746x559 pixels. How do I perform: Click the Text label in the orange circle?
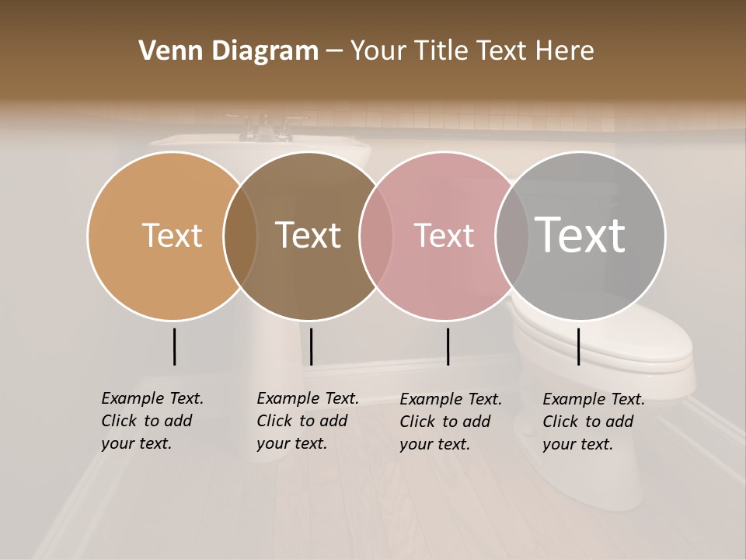(x=172, y=235)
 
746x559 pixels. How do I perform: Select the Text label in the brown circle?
(x=309, y=235)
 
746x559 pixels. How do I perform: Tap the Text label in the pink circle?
(x=444, y=235)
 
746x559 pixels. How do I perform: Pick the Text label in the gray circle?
(x=580, y=234)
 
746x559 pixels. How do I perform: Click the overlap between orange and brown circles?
(x=240, y=235)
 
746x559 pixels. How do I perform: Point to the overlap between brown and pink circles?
(x=376, y=235)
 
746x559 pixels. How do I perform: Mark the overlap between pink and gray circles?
(x=512, y=235)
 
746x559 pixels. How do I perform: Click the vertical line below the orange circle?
(x=174, y=346)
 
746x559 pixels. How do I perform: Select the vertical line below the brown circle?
(x=311, y=346)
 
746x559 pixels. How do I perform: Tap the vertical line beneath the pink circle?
(x=448, y=346)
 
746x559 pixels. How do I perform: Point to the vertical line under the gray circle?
(x=578, y=346)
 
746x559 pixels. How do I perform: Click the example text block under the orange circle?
(x=152, y=421)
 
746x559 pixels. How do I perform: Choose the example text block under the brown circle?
(x=308, y=421)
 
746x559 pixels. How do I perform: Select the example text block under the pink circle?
(x=451, y=422)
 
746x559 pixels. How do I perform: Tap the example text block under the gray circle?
(x=594, y=422)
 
